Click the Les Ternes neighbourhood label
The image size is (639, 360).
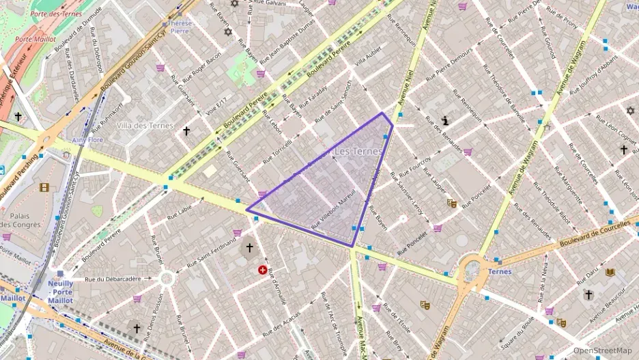pyautogui.click(x=358, y=151)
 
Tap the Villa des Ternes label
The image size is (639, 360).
pyautogui.click(x=143, y=126)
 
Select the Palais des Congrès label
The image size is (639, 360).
pyautogui.click(x=24, y=219)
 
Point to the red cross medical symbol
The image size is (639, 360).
pyautogui.click(x=263, y=271)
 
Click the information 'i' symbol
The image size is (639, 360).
pyautogui.click(x=446, y=120)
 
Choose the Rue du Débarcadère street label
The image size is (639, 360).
pyautogui.click(x=113, y=279)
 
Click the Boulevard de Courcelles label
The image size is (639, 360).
pyautogui.click(x=593, y=234)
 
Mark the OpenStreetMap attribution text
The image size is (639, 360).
pyautogui.click(x=602, y=350)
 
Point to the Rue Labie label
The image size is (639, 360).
pyautogui.click(x=180, y=211)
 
